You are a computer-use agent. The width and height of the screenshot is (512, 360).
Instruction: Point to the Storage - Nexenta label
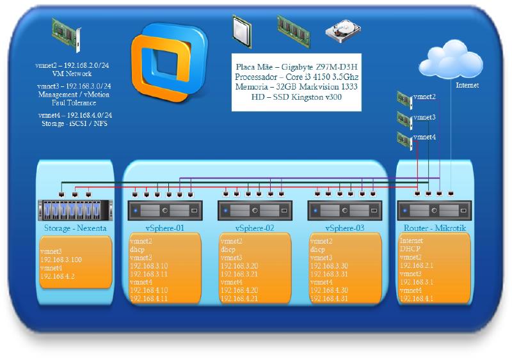(75, 227)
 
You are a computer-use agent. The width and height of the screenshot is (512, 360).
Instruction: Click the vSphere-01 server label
(165, 228)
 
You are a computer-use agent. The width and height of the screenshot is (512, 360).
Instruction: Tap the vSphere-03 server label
(346, 228)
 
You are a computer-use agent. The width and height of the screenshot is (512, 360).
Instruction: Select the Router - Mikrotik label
(435, 228)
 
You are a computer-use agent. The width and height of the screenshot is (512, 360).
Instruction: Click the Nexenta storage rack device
(75, 210)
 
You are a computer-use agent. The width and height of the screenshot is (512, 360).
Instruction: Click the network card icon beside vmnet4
(404, 139)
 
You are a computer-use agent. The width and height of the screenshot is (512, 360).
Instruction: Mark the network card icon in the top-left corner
(67, 35)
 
